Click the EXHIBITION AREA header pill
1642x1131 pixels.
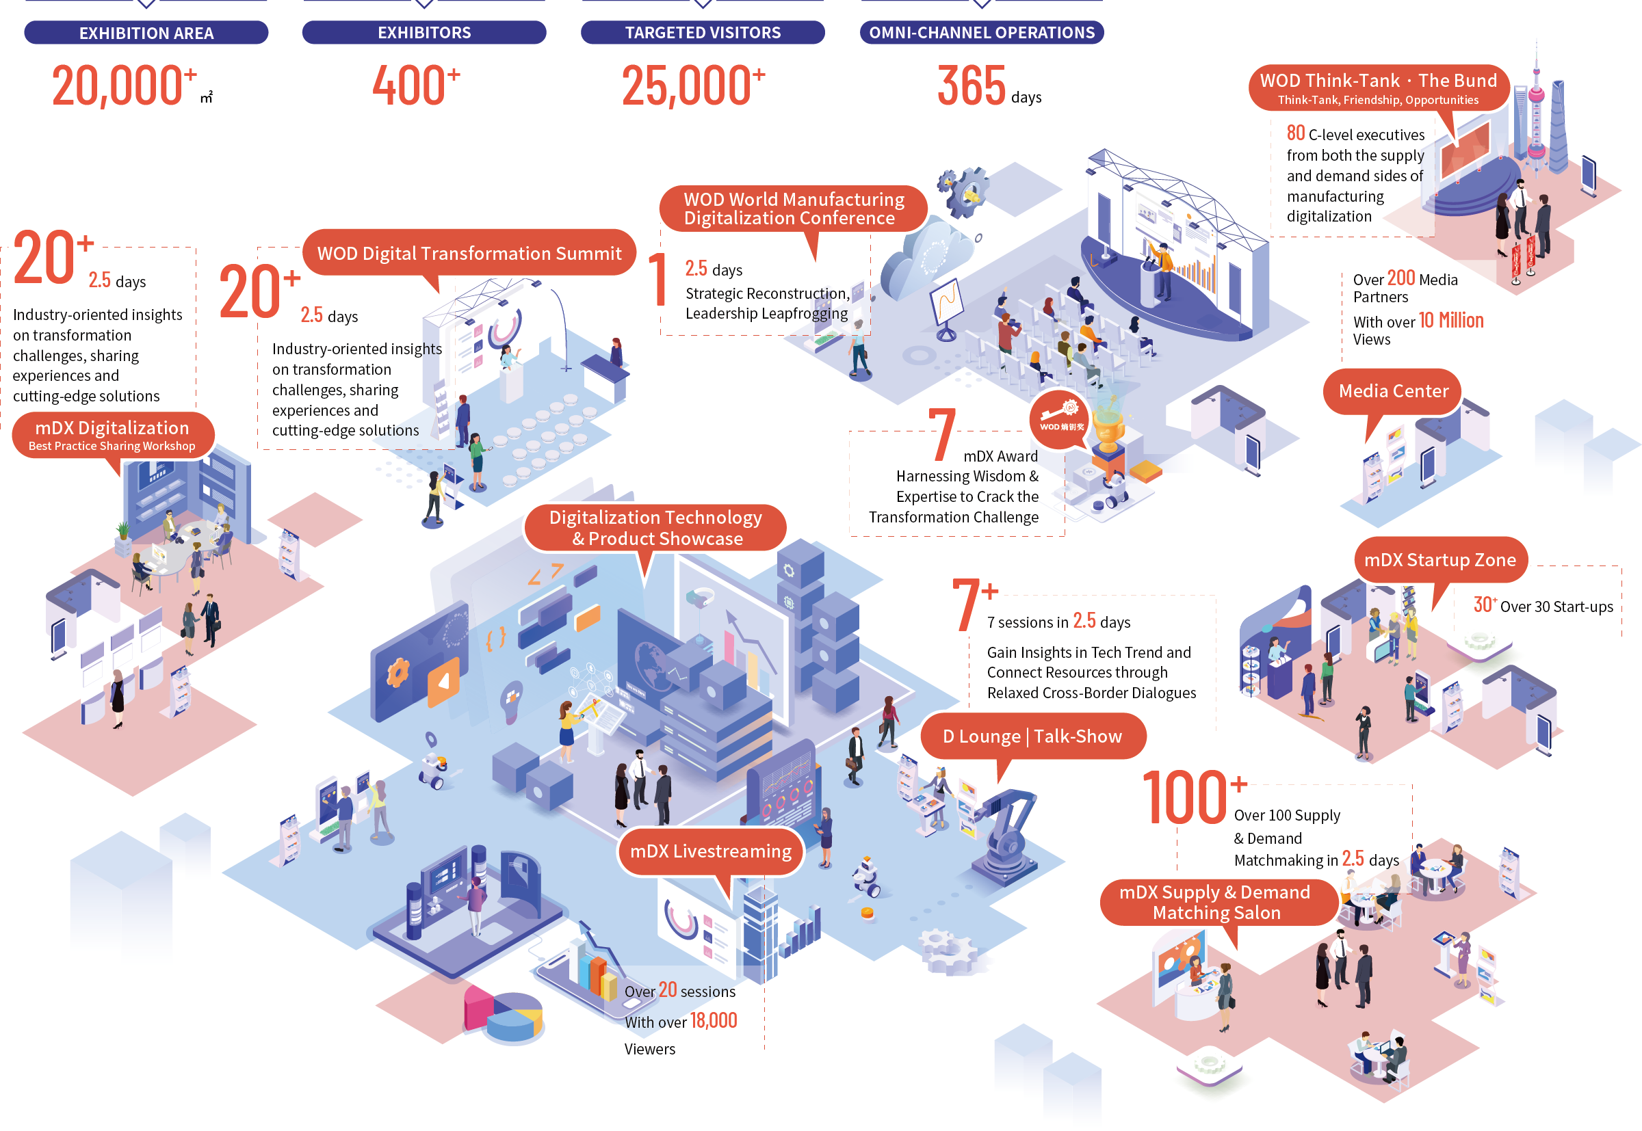pyautogui.click(x=146, y=33)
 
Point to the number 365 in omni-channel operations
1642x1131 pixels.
pyautogui.click(x=971, y=85)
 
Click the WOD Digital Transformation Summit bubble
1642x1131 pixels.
pyautogui.click(x=469, y=253)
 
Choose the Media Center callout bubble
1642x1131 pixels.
pyautogui.click(x=1392, y=391)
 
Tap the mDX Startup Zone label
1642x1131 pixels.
pyautogui.click(x=1439, y=560)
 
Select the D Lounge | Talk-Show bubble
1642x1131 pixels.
pyautogui.click(x=1032, y=736)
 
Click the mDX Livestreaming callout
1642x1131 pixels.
pyautogui.click(x=710, y=851)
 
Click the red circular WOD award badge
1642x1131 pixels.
pyautogui.click(x=1060, y=420)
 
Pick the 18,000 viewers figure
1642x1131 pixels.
pyautogui.click(x=713, y=1020)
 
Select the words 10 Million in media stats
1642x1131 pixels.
pyautogui.click(x=1450, y=321)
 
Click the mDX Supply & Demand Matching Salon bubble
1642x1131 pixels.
pyautogui.click(x=1216, y=902)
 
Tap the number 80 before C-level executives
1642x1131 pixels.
pyautogui.click(x=1295, y=133)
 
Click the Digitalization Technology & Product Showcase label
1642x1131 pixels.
pyautogui.click(x=655, y=528)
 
